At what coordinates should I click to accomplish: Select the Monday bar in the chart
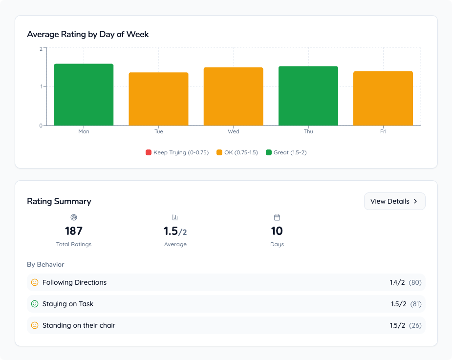coord(84,95)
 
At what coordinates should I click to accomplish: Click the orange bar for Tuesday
coord(158,99)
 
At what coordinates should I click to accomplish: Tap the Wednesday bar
coord(234,96)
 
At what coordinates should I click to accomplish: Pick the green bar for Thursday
coord(308,96)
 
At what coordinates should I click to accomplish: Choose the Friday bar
coord(383,98)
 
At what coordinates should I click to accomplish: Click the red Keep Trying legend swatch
coord(149,152)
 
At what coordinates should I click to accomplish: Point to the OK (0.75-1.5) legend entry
coord(237,152)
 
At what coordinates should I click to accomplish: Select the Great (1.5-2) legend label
coord(290,152)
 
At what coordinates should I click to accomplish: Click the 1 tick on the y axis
coord(42,86)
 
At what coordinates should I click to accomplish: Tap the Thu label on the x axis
coord(308,131)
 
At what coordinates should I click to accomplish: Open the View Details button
coord(395,201)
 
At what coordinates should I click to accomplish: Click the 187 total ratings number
coord(74,231)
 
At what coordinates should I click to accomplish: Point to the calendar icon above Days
coord(277,217)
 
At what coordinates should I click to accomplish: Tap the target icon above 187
coord(74,217)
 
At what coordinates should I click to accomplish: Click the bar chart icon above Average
coord(175,217)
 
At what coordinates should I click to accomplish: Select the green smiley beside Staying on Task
coord(35,304)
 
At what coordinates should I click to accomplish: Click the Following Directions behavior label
coord(74,282)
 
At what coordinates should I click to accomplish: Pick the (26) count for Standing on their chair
coord(415,325)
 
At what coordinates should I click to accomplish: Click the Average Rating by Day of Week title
coord(88,34)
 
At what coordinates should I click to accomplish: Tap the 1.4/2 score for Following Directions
coord(397,282)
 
